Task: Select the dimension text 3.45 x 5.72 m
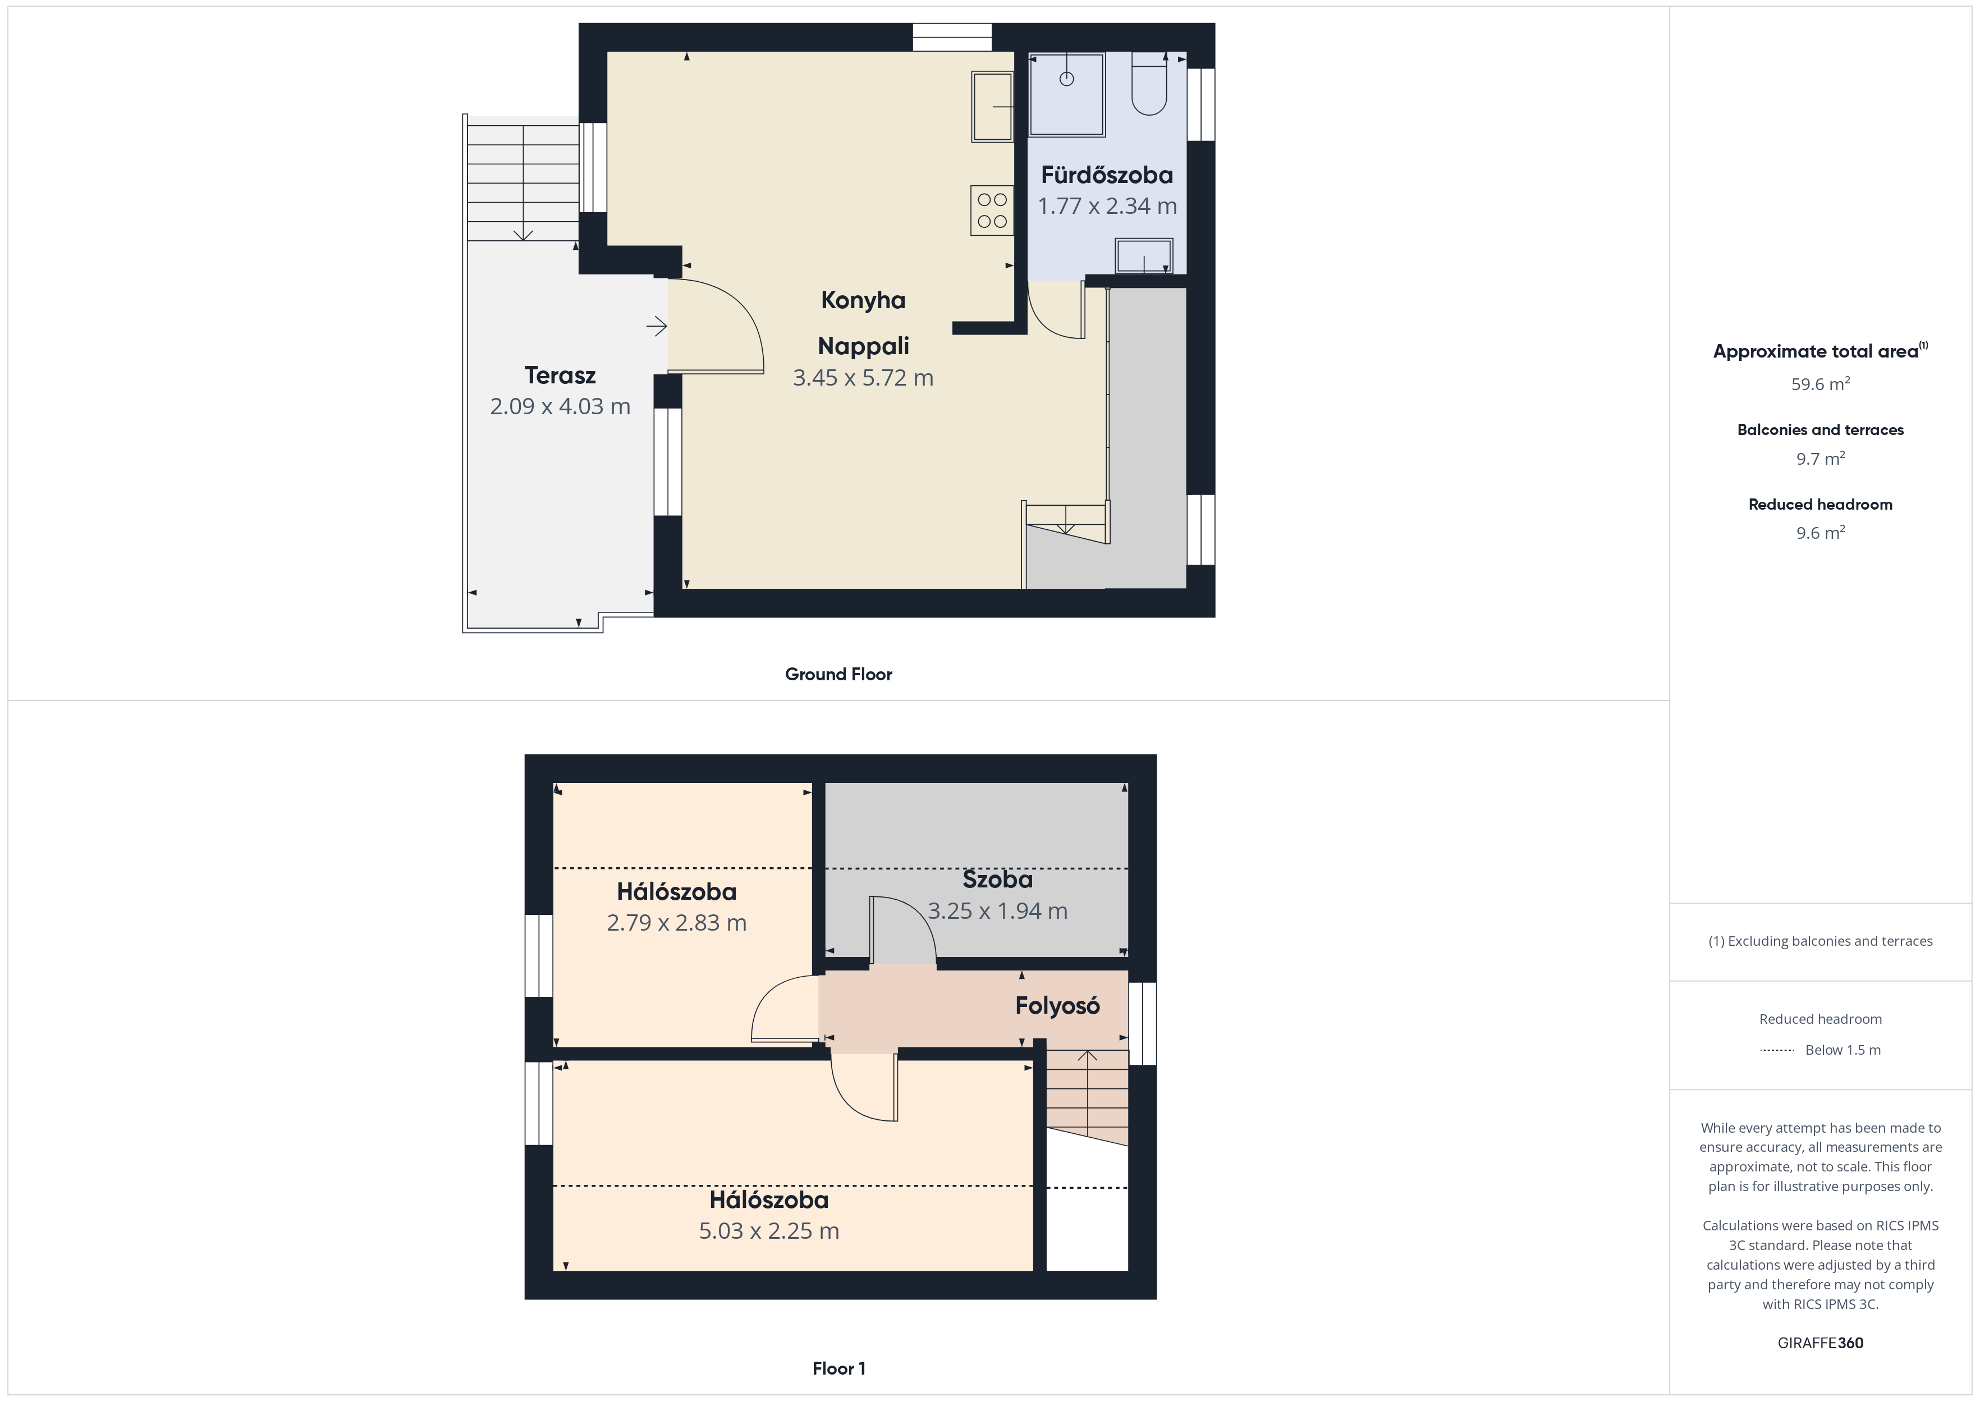[863, 378]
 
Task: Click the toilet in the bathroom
[1149, 84]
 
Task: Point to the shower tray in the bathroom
[1067, 94]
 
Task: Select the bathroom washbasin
[1144, 256]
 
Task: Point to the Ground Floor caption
[838, 675]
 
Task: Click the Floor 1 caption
[838, 1368]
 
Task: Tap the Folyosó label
[1057, 1006]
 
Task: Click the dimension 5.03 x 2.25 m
[768, 1231]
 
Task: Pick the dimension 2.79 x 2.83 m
[676, 923]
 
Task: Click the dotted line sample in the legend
[1776, 1050]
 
